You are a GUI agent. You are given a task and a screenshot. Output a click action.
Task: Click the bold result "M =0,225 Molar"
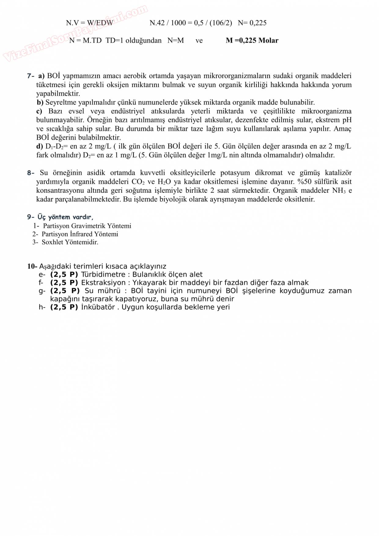(252, 40)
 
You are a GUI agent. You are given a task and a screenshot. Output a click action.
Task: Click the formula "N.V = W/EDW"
(90, 23)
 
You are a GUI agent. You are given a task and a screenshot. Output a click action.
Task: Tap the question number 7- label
(31, 76)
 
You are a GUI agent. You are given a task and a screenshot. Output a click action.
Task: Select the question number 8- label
(31, 173)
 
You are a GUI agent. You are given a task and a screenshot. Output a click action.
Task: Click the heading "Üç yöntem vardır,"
(65, 217)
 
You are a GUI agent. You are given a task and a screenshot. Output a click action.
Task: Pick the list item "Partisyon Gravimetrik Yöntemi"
(87, 226)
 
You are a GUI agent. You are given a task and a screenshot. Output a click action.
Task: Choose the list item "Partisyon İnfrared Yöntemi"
(80, 234)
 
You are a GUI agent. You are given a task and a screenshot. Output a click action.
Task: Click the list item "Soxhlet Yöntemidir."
(70, 242)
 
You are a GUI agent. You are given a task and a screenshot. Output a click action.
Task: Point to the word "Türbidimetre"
(103, 275)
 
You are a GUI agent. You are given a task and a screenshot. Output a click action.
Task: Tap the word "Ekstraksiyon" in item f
(103, 283)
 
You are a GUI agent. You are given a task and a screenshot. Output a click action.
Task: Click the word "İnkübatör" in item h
(98, 307)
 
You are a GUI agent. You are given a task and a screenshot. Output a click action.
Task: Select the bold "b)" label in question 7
(40, 102)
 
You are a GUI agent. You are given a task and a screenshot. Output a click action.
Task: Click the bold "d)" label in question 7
(40, 146)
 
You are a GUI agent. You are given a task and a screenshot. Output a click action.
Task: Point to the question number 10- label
(32, 266)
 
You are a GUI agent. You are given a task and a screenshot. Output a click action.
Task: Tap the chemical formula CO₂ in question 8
(138, 182)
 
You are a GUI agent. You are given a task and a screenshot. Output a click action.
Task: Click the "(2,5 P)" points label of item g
(65, 291)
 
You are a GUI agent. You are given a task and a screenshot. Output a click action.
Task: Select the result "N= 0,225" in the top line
(252, 23)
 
